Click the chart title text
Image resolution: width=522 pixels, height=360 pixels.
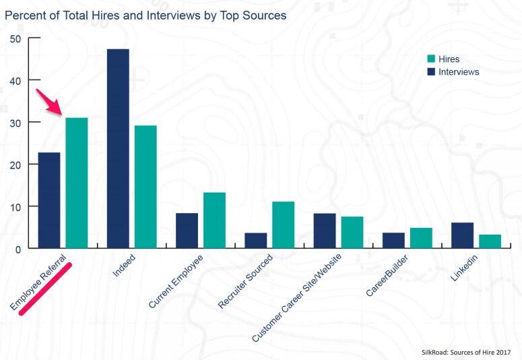[x=145, y=15]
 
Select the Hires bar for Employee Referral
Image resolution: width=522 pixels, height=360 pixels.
[x=76, y=183]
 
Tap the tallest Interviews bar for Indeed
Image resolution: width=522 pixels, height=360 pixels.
[x=118, y=148]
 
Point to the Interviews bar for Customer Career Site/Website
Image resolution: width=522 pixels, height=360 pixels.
[x=325, y=231]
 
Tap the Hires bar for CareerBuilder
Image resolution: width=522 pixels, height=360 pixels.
[x=421, y=238]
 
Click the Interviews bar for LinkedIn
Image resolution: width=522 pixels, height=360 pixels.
[x=462, y=235]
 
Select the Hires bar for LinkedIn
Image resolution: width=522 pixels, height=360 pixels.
[x=490, y=241]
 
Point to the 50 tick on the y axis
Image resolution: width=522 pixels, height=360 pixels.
[x=15, y=38]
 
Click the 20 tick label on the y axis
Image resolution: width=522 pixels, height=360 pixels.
[x=15, y=164]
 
